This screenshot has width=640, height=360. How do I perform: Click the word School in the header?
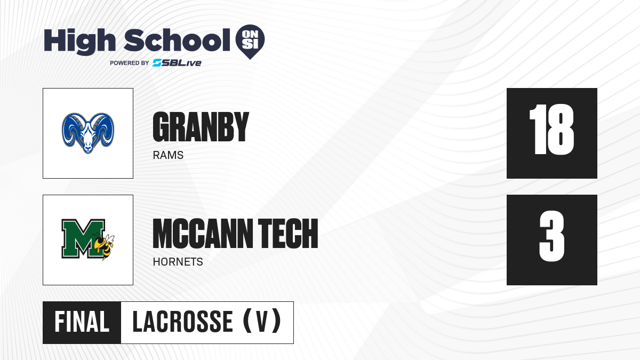coord(177,40)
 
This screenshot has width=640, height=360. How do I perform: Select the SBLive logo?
coord(177,63)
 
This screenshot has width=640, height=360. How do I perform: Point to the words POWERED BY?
coord(130,63)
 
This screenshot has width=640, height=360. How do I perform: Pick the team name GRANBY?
coord(201,127)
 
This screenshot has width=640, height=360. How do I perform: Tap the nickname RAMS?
coord(168,155)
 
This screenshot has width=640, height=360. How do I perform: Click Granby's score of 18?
coord(551,130)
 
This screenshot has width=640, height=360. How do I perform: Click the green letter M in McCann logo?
coord(83,238)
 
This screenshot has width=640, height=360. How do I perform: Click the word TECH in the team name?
coord(288,234)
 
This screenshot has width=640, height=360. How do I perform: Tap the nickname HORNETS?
coord(178,262)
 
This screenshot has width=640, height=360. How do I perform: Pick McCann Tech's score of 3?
coord(551,236)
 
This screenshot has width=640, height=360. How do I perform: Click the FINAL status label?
coord(82,322)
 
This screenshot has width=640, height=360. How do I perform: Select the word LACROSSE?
coord(183,322)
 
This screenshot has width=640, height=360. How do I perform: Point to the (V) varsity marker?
coord(262,322)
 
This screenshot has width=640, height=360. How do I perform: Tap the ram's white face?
coord(88,138)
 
